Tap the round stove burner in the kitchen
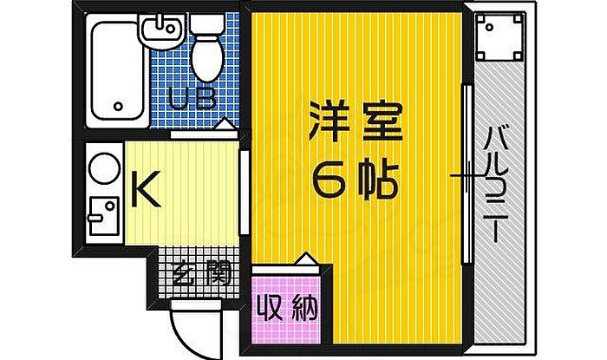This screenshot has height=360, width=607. tap(105, 167)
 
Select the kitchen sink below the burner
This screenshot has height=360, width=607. tap(104, 215)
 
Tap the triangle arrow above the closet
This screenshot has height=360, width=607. tap(304, 259)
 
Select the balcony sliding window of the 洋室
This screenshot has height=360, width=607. tap(467, 173)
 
